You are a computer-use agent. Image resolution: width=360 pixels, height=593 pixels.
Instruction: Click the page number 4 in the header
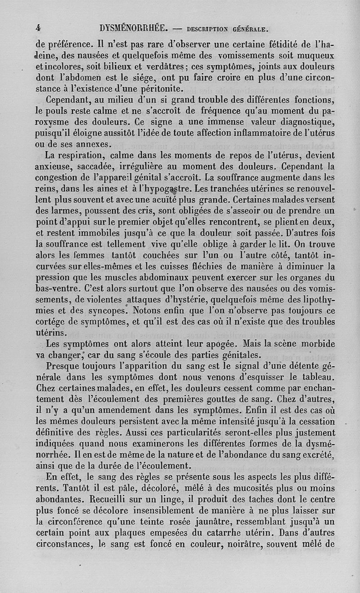coord(39,28)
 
